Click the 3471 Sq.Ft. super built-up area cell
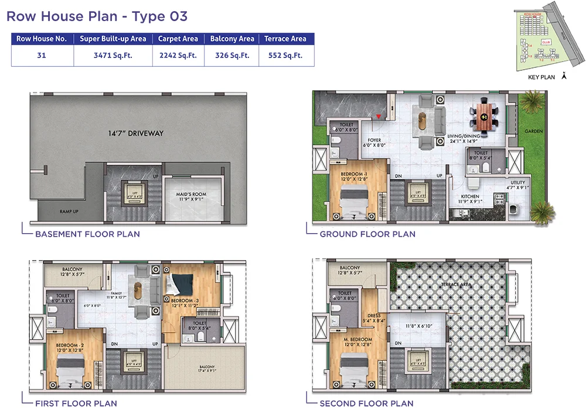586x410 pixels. [113, 56]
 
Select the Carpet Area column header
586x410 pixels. [178, 39]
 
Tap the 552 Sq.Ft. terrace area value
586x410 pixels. [285, 56]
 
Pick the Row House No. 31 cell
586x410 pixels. [41, 56]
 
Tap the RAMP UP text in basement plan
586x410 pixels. [69, 211]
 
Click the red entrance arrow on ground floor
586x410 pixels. [378, 117]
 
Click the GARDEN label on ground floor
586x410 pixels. [533, 131]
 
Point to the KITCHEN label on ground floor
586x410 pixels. [470, 197]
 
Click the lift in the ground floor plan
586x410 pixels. [417, 192]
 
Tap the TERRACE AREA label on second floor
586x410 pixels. [456, 285]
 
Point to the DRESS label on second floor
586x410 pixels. [374, 317]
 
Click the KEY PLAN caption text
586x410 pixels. [541, 77]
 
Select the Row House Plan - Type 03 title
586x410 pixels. [97, 16]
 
